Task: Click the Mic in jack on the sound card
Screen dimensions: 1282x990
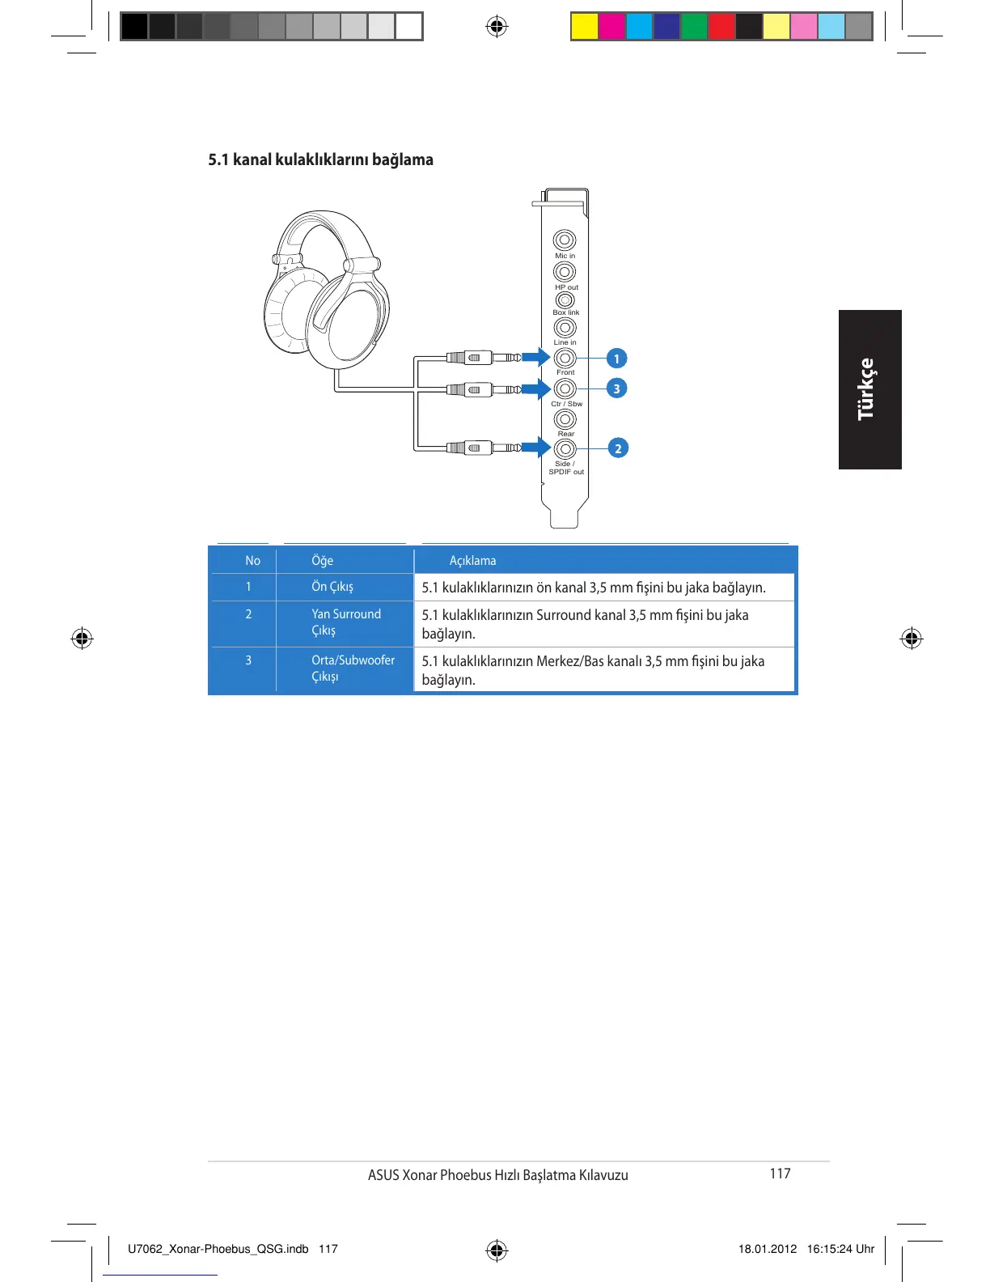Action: [565, 240]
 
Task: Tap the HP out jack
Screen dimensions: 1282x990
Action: [565, 272]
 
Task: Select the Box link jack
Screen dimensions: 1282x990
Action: [565, 300]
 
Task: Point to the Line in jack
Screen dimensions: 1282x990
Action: [565, 328]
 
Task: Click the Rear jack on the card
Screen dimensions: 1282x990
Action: [565, 419]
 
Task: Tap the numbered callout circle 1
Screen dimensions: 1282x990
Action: [616, 359]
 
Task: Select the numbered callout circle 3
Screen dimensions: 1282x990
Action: [616, 388]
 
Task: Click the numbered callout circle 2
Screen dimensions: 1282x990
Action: [618, 448]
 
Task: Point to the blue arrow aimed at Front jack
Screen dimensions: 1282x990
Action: [536, 357]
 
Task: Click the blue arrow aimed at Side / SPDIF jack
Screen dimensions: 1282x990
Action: [536, 448]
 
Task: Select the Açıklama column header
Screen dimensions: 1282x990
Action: [472, 561]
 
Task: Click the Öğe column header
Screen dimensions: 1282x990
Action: [322, 561]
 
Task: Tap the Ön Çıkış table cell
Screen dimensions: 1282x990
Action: [332, 587]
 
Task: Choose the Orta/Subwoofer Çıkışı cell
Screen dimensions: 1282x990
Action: [353, 669]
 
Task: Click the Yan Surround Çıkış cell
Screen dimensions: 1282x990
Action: [345, 622]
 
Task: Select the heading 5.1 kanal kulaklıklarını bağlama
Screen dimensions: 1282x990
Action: [320, 159]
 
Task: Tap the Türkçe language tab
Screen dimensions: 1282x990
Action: [869, 389]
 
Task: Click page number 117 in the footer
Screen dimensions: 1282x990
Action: [780, 1174]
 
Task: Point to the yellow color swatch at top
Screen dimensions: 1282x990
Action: [584, 27]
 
